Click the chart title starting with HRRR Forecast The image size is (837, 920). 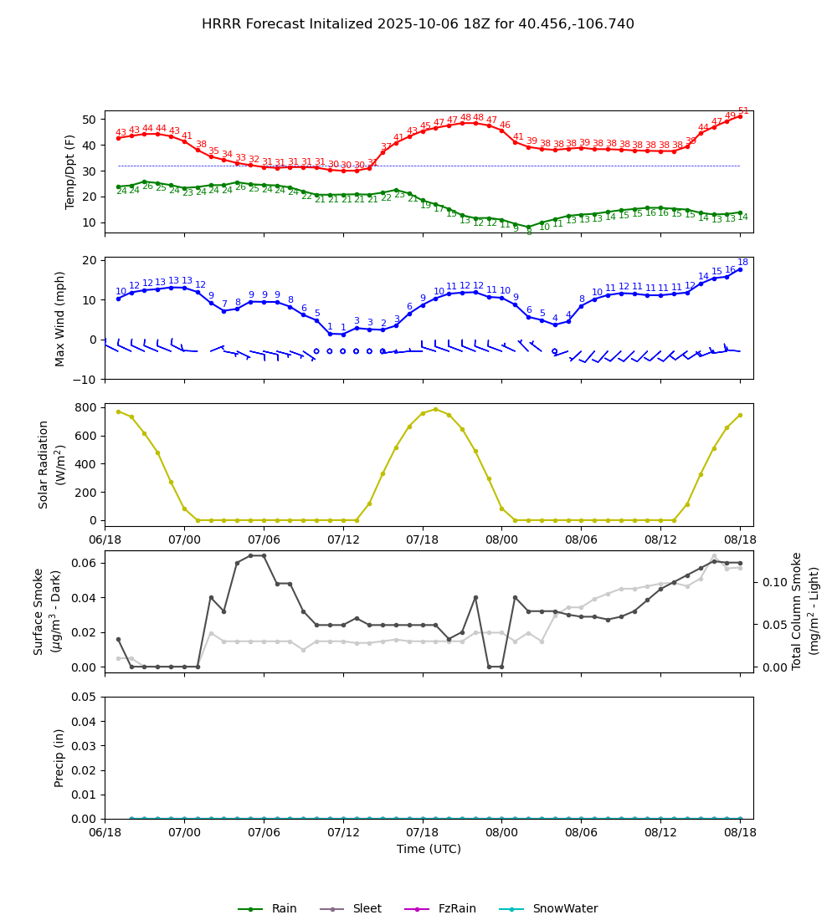point(418,24)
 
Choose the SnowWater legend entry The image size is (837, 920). point(565,909)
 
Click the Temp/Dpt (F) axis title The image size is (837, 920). point(70,171)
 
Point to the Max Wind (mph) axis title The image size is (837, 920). point(60,318)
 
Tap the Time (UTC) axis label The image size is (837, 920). point(429,849)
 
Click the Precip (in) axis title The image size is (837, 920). point(59,758)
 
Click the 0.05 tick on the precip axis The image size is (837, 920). point(85,697)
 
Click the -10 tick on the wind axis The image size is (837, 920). point(86,379)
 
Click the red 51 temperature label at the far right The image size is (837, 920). point(743,111)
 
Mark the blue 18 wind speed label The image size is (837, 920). point(742,263)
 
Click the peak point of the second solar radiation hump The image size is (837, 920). point(435,409)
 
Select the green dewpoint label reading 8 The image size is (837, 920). point(528,233)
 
